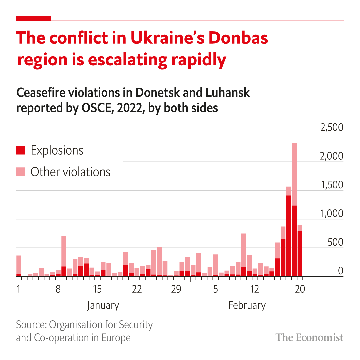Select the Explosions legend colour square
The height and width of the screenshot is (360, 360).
[x=20, y=150]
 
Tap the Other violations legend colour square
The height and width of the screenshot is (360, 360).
[x=20, y=172]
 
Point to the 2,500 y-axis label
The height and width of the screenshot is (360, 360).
[x=332, y=128]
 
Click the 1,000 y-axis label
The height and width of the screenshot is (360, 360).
[x=332, y=214]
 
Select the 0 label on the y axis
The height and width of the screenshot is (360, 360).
[x=340, y=271]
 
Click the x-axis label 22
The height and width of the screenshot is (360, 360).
[x=136, y=289]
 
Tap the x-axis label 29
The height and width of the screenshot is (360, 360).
[x=176, y=289]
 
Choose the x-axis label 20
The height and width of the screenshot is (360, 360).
[x=300, y=289]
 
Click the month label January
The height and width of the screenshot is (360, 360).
[x=103, y=305]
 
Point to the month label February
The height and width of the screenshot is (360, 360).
[x=247, y=305]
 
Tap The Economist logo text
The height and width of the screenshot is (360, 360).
[x=309, y=337]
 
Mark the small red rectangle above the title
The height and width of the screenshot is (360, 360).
[x=34, y=18]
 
